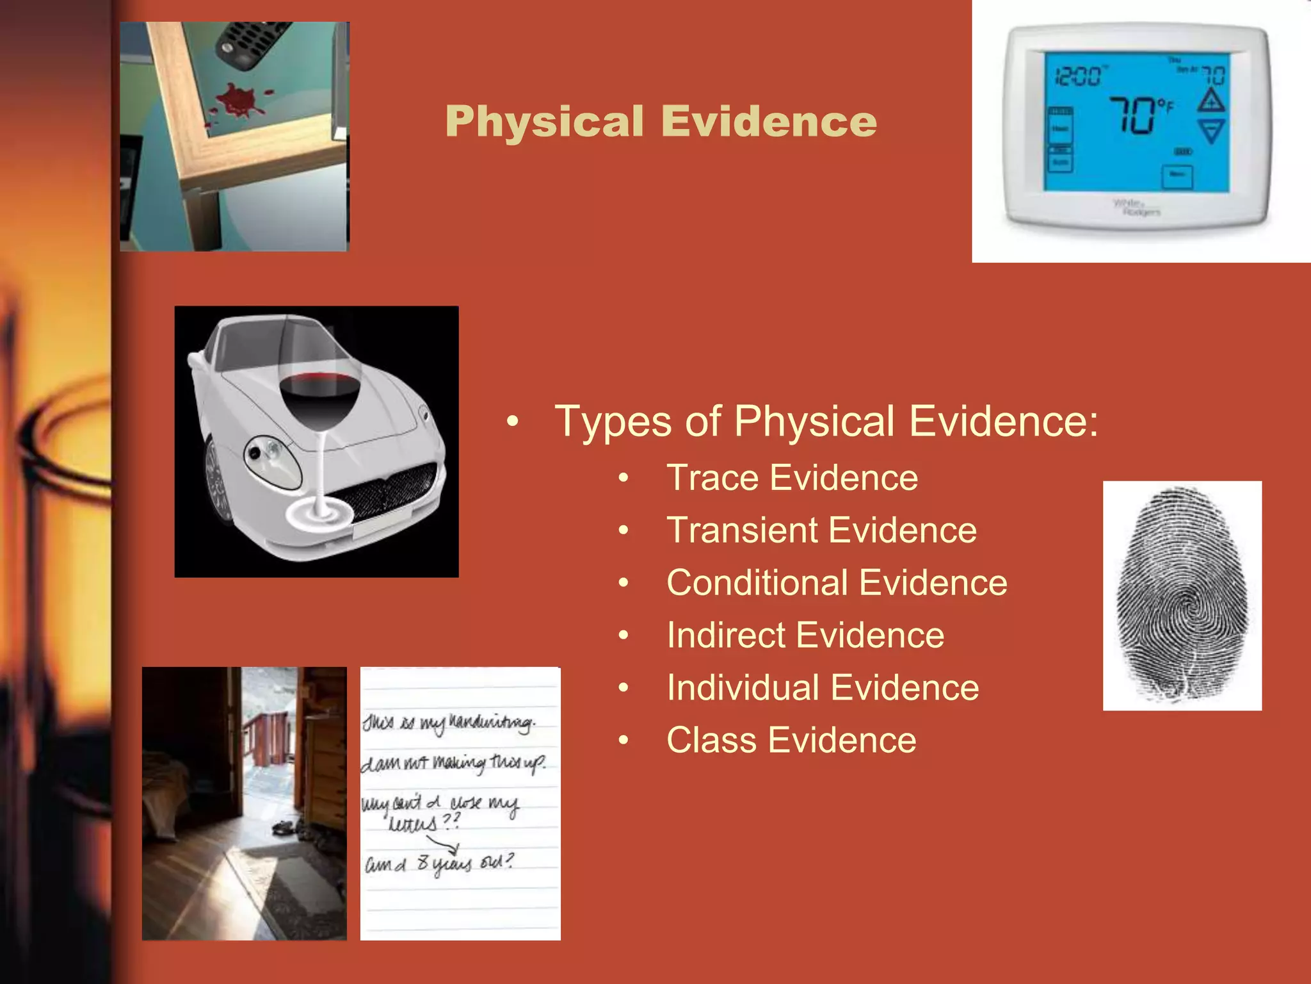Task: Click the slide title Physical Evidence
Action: click(x=661, y=121)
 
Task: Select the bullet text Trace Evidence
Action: click(x=792, y=478)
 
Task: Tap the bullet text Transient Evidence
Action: click(x=821, y=530)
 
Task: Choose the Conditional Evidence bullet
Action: click(x=837, y=583)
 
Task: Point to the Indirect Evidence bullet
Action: click(x=805, y=635)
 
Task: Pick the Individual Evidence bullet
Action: click(x=823, y=688)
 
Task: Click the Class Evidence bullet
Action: click(x=791, y=741)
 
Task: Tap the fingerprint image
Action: click(x=1182, y=595)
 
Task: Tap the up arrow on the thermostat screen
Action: click(x=1211, y=101)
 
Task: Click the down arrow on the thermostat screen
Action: click(x=1211, y=132)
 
